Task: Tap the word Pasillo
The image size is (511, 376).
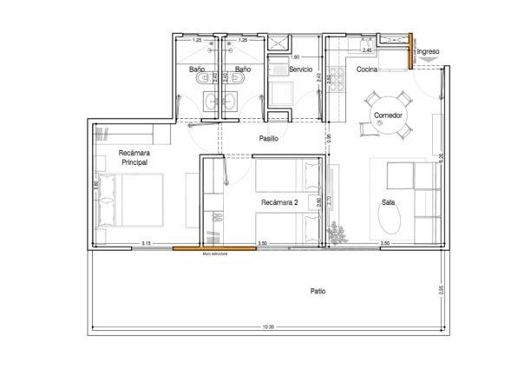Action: pos(269,139)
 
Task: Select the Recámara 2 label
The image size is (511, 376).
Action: pos(279,202)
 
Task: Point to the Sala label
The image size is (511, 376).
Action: pos(388,202)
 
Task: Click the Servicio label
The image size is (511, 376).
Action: pos(301,68)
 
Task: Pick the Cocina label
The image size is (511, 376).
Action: pos(365,69)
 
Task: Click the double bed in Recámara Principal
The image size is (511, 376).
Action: pos(130,201)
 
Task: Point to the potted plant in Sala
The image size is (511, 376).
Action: pos(337,233)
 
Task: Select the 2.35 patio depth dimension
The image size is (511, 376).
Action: pos(442,290)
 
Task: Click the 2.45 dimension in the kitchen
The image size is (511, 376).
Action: pos(368,50)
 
